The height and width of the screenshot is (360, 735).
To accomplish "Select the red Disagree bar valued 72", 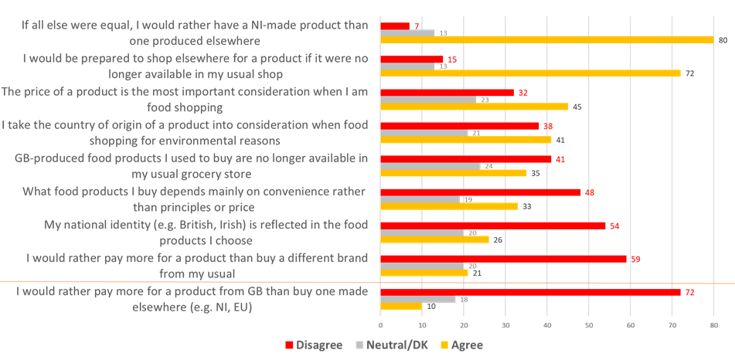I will [530, 293].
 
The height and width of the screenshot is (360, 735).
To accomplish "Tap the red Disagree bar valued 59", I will [503, 259].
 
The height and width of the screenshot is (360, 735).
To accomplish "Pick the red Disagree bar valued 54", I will [493, 225].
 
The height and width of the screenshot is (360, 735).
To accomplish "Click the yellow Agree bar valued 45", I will [475, 107].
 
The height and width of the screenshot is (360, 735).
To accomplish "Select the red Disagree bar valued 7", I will [395, 26].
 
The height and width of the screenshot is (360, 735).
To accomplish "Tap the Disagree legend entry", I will [314, 345].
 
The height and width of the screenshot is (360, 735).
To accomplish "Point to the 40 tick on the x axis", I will [547, 324].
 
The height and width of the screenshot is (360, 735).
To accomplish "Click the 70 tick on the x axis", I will [672, 324].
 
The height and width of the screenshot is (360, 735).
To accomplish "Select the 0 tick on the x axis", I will [381, 324].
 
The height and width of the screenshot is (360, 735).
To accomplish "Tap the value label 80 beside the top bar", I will [721, 40].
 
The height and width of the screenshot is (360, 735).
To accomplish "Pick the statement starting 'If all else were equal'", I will [190, 32].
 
